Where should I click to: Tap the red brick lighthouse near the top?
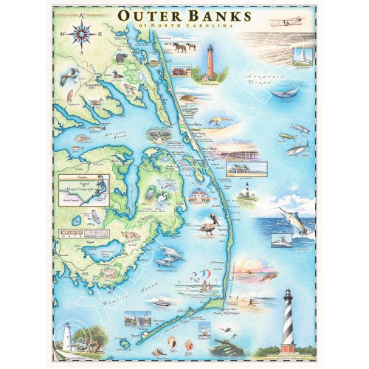(210, 62)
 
